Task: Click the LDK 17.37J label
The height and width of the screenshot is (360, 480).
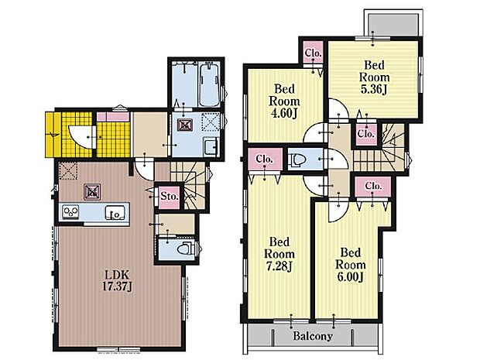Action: click(x=117, y=280)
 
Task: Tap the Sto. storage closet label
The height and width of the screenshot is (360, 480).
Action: click(x=170, y=196)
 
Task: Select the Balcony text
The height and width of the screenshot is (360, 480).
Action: click(x=313, y=336)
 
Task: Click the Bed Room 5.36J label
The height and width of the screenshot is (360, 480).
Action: click(x=374, y=77)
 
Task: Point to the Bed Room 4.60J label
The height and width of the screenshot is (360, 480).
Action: click(x=284, y=101)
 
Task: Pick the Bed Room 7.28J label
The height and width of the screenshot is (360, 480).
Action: click(x=279, y=254)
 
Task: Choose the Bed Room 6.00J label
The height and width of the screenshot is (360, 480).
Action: click(x=350, y=265)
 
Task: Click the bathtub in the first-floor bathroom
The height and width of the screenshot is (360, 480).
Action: click(x=209, y=84)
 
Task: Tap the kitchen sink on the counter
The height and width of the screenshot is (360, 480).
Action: click(x=115, y=212)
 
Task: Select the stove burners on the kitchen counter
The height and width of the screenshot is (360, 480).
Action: click(x=70, y=211)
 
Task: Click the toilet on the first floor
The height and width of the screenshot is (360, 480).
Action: click(x=185, y=248)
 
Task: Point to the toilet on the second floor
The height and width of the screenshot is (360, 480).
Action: click(x=298, y=159)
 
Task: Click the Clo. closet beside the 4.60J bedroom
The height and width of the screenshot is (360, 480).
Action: click(x=314, y=53)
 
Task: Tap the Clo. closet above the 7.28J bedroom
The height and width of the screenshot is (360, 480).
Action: click(x=265, y=159)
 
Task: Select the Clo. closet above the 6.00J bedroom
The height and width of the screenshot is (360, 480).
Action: click(x=373, y=186)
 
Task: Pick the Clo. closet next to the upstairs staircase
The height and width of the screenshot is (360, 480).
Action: click(x=366, y=134)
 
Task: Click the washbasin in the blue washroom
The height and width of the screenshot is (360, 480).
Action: click(x=211, y=147)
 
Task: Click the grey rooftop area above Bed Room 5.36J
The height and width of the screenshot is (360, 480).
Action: click(x=393, y=25)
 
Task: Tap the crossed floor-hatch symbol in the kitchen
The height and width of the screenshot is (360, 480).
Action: click(x=92, y=192)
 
